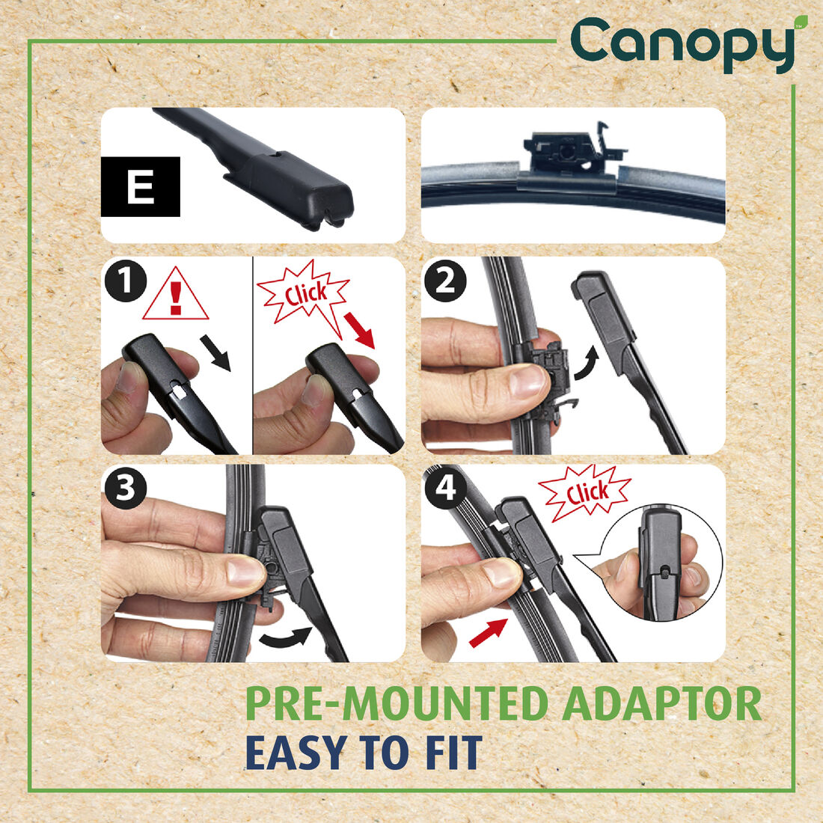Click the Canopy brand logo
tap(683, 43)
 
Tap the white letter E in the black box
tap(141, 187)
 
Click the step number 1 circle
tap(125, 281)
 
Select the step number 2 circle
tap(445, 281)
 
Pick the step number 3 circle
tap(125, 489)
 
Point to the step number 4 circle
tap(445, 489)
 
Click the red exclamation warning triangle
tap(176, 296)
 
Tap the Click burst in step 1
tap(305, 293)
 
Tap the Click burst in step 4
tap(586, 493)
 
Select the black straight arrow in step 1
tap(216, 352)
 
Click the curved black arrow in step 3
tap(286, 637)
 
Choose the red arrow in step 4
tap(488, 631)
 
